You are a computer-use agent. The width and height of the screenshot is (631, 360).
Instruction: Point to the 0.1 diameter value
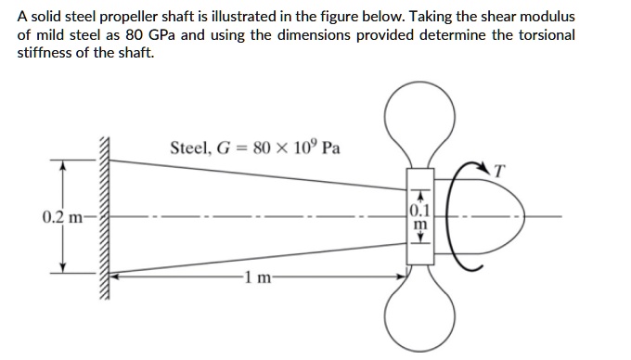click(x=419, y=208)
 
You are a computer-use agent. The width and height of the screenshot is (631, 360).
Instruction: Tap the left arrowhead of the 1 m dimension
click(x=116, y=276)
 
